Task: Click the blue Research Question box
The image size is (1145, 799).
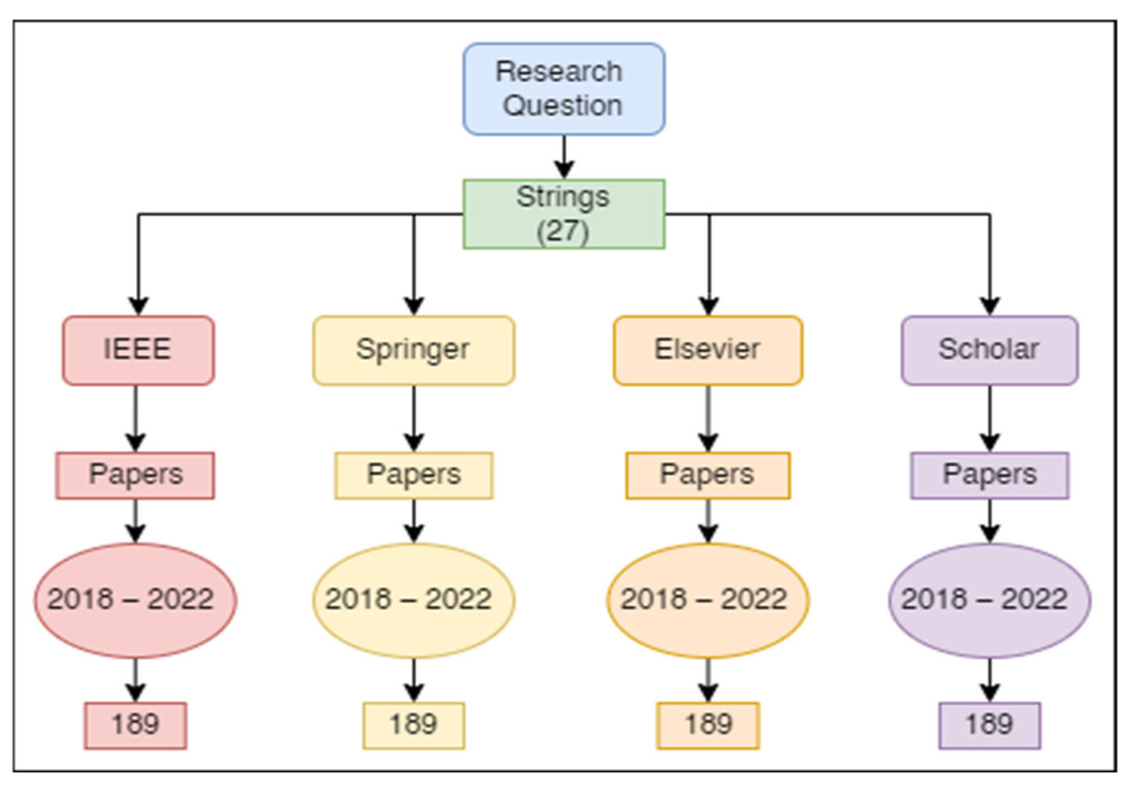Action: click(564, 89)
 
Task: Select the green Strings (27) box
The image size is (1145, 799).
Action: click(564, 214)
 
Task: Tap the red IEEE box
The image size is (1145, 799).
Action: click(138, 351)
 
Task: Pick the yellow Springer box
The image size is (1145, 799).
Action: click(414, 351)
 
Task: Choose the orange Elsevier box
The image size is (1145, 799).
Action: click(708, 351)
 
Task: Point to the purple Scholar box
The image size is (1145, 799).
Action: click(989, 351)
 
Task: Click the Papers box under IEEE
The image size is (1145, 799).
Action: click(135, 476)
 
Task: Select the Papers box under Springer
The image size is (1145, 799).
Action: click(414, 476)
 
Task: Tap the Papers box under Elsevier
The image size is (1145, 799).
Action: click(708, 476)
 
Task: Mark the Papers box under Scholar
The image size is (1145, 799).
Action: click(989, 476)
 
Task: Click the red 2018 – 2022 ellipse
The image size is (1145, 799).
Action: click(135, 601)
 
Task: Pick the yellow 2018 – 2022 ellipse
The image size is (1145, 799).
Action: click(413, 601)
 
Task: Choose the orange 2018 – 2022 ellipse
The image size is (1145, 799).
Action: click(708, 601)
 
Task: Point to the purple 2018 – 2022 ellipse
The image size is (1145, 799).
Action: click(989, 601)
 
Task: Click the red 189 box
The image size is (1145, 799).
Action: click(135, 725)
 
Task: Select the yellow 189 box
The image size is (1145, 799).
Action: click(414, 725)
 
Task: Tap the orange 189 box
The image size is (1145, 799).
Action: click(708, 725)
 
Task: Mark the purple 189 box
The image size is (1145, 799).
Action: click(989, 725)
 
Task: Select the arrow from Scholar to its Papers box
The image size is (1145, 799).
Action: click(989, 418)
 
